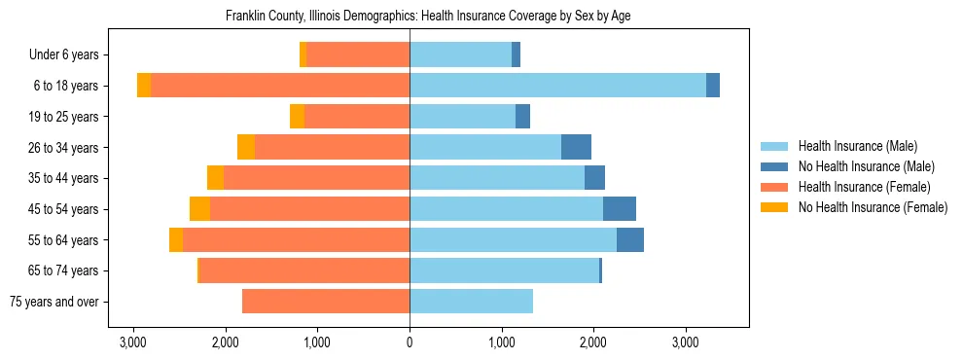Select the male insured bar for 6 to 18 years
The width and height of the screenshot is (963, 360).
tap(557, 86)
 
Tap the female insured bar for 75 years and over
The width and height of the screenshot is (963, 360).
tap(326, 302)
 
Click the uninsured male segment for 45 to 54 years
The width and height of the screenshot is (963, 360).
tap(620, 209)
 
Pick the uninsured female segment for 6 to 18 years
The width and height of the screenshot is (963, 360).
tap(144, 86)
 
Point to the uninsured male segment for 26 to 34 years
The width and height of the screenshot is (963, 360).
tap(576, 147)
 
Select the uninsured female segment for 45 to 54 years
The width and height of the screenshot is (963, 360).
tap(199, 209)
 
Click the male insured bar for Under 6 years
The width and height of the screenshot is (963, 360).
tap(460, 54)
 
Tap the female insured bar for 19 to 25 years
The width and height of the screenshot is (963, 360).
tap(357, 117)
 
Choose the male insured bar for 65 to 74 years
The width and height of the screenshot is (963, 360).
tap(504, 270)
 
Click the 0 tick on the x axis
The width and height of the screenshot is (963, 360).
tap(410, 342)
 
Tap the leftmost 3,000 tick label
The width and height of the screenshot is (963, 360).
tap(133, 342)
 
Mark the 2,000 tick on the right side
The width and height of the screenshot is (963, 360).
tap(593, 342)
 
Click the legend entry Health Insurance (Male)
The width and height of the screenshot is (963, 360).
tap(857, 146)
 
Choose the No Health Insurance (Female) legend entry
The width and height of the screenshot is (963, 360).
tap(873, 207)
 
